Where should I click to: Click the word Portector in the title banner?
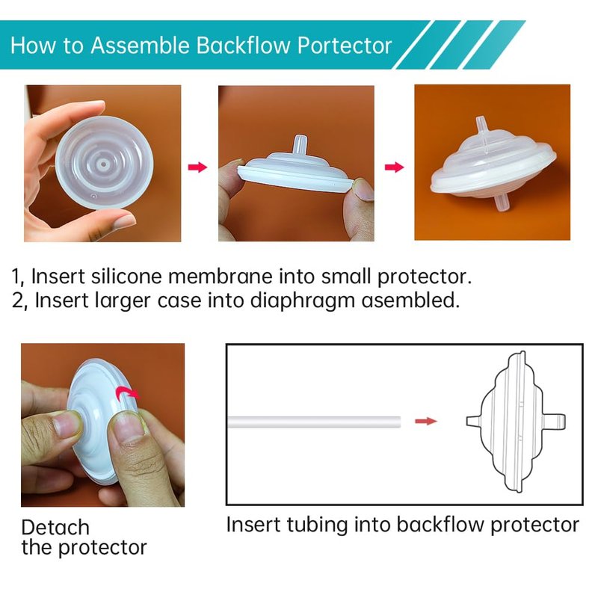point(345,46)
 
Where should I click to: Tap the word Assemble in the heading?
point(140,45)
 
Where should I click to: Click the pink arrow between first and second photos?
point(197,167)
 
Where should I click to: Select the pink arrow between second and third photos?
point(395,167)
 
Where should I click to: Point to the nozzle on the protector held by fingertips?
point(300,144)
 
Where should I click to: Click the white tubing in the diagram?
point(314,422)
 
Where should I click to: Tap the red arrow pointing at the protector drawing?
point(425,421)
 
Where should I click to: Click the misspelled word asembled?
point(410,300)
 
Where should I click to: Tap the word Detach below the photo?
point(55,528)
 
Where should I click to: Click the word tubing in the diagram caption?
point(317,525)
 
